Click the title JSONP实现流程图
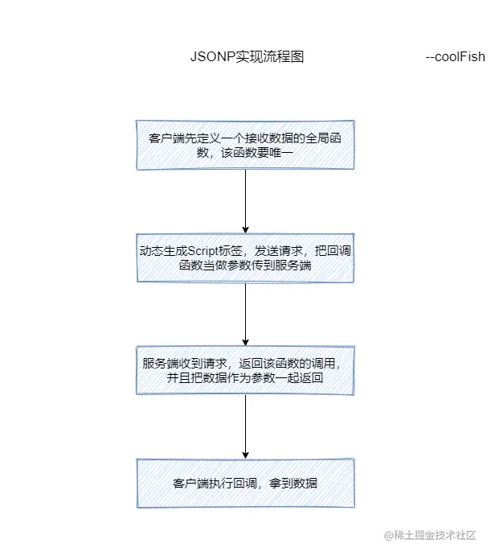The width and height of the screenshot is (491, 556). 246,57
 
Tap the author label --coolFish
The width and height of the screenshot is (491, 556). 455,57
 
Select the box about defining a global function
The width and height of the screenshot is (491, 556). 245,145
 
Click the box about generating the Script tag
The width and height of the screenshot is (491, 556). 245,258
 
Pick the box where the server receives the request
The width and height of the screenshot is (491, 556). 245,370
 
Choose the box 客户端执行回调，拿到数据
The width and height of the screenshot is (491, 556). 245,483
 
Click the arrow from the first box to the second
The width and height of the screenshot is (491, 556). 245,201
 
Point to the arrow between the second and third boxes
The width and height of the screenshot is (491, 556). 245,314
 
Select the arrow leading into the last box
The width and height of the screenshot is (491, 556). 245,426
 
